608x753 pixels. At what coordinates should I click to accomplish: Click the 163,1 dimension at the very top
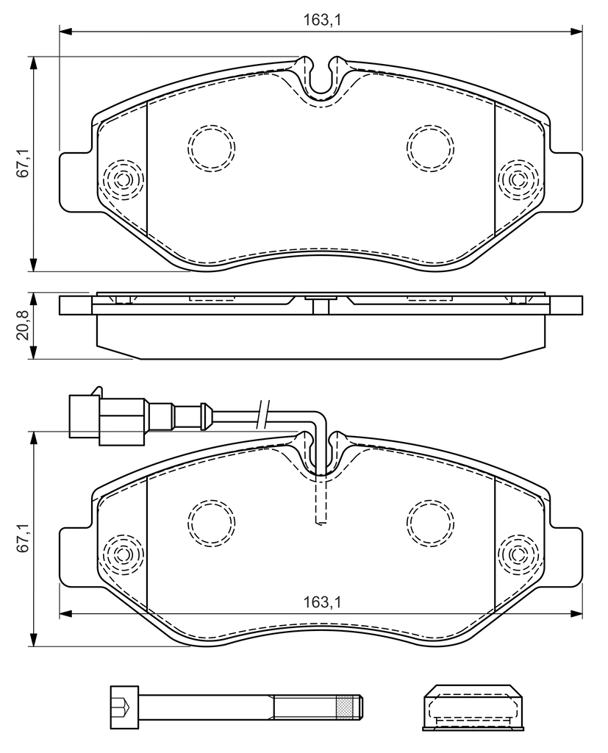(x=322, y=20)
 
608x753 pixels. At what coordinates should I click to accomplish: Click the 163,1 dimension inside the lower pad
(x=322, y=603)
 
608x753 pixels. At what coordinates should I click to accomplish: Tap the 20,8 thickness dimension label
(x=23, y=325)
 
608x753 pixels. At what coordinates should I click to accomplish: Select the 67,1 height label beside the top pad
(x=23, y=164)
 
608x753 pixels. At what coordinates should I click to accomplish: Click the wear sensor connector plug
(x=107, y=417)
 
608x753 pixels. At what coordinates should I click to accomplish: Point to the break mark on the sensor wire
(x=262, y=413)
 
